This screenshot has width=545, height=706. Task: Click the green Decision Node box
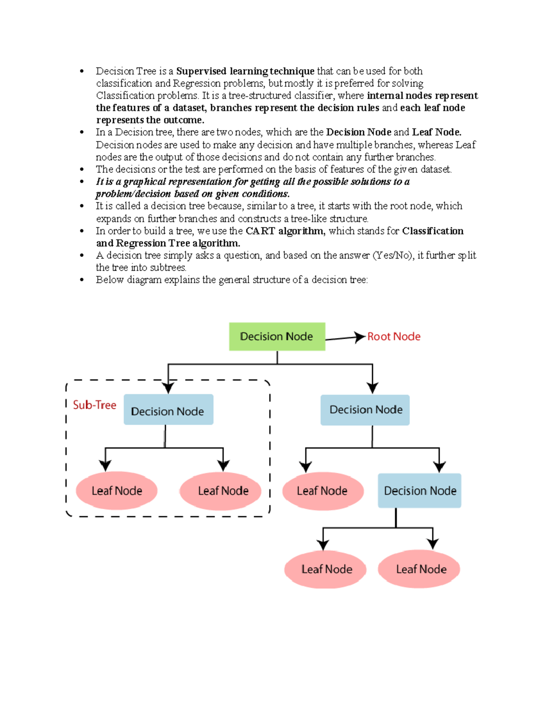pyautogui.click(x=277, y=336)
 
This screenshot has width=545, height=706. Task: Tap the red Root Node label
pyautogui.click(x=394, y=336)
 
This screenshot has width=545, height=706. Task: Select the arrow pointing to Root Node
pyautogui.click(x=346, y=338)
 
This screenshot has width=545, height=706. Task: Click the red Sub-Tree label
pyautogui.click(x=94, y=405)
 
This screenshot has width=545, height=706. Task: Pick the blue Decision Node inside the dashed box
pyautogui.click(x=168, y=411)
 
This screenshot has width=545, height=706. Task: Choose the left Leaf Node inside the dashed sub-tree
pyautogui.click(x=117, y=491)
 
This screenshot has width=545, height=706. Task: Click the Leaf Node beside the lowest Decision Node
pyautogui.click(x=322, y=491)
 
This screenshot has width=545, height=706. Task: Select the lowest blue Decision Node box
pyautogui.click(x=420, y=491)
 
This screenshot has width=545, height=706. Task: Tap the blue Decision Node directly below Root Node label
pyautogui.click(x=365, y=410)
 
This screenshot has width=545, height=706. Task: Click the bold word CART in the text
pyautogui.click(x=260, y=231)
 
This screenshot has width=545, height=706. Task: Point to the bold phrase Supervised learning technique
pyautogui.click(x=245, y=71)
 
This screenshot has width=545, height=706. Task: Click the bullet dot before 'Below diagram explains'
pyautogui.click(x=82, y=280)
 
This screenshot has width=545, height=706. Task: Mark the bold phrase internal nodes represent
pyautogui.click(x=422, y=95)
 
